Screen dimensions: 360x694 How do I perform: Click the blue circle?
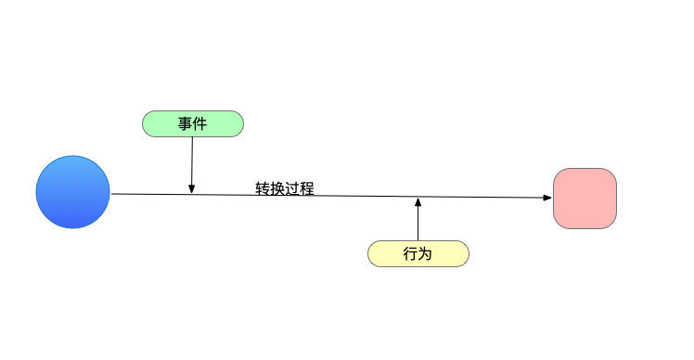click(x=72, y=192)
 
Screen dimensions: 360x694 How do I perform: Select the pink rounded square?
click(x=585, y=198)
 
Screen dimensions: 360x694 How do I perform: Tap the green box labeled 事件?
click(x=192, y=123)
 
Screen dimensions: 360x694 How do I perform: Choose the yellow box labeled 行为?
click(x=418, y=253)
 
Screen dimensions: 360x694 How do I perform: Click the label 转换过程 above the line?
click(x=285, y=188)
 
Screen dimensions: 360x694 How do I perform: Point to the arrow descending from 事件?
click(x=191, y=162)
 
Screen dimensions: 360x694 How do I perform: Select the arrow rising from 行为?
click(x=418, y=221)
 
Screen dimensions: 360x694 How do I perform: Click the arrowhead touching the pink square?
click(x=546, y=198)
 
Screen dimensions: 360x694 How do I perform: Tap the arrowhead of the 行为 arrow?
click(x=418, y=201)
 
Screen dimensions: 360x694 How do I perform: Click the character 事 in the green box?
click(x=186, y=123)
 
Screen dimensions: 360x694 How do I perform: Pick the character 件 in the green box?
click(x=199, y=123)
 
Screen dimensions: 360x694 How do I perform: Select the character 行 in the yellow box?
click(x=411, y=253)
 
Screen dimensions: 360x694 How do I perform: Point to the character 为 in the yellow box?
click(x=426, y=253)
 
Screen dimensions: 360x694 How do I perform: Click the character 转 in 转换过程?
click(x=263, y=188)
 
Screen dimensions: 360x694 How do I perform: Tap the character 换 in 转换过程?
click(x=277, y=188)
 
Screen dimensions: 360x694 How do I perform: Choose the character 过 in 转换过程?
click(x=292, y=188)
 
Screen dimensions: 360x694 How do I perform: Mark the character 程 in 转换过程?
click(x=307, y=188)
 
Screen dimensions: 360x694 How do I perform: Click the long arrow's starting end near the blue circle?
click(x=113, y=193)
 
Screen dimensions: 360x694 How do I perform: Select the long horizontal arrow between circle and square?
click(x=353, y=196)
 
